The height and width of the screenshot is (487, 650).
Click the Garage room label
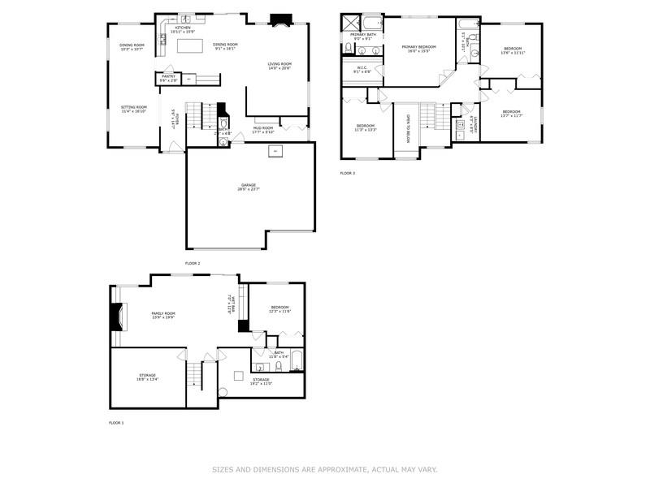pyautogui.click(x=248, y=185)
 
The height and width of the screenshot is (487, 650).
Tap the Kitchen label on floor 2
pyautogui.click(x=183, y=27)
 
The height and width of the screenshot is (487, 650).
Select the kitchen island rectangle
pyautogui.click(x=188, y=48)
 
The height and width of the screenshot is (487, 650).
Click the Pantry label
pyautogui.click(x=168, y=76)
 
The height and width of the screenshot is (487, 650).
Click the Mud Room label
pyautogui.click(x=263, y=127)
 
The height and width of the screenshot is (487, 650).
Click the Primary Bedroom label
pyautogui.click(x=418, y=47)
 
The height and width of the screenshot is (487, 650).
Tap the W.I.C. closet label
pyautogui.click(x=362, y=68)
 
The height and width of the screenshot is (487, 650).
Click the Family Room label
pyautogui.click(x=163, y=313)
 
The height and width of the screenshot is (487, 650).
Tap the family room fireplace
pyautogui.click(x=118, y=317)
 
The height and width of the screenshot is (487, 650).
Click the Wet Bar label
pyautogui.click(x=233, y=303)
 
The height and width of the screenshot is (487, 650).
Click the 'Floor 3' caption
pyautogui.click(x=348, y=173)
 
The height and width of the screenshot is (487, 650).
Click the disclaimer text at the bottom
pyautogui.click(x=325, y=469)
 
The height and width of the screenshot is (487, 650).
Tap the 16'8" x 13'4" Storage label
pyautogui.click(x=146, y=376)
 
